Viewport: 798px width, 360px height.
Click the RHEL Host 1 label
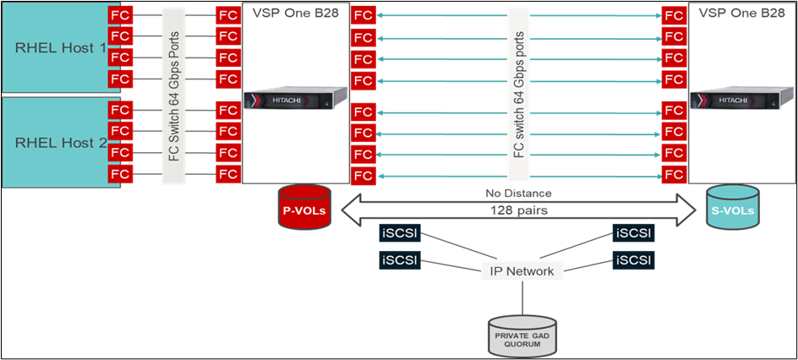coord(59,48)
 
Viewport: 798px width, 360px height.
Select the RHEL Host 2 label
coord(59,143)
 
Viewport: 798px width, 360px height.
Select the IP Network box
coord(523,271)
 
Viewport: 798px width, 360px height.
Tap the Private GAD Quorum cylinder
coord(523,335)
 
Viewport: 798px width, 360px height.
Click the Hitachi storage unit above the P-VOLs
coord(296,101)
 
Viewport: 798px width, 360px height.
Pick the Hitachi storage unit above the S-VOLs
coord(732,101)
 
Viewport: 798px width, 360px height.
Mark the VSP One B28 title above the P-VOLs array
coord(295,14)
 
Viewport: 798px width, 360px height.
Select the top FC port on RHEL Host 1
coord(120,15)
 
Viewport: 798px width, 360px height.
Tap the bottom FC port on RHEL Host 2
coord(120,174)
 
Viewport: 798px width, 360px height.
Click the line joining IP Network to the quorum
coord(523,297)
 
